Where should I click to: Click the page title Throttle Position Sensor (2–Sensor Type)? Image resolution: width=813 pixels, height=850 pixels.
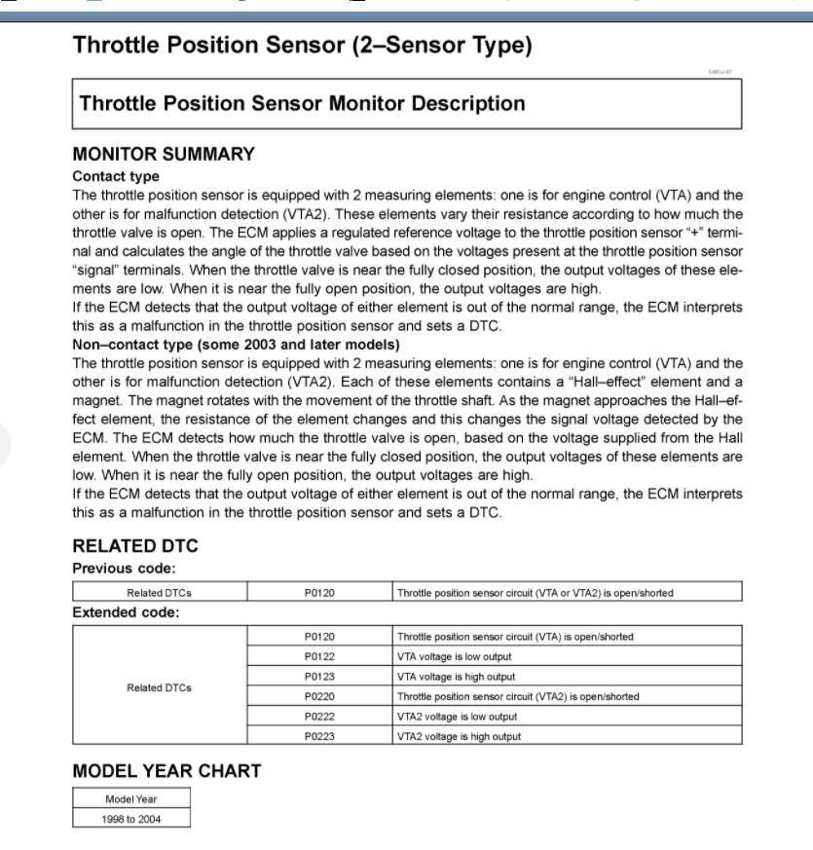pyautogui.click(x=302, y=46)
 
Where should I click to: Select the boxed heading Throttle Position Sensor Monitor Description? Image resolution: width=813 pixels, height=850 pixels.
pyautogui.click(x=302, y=103)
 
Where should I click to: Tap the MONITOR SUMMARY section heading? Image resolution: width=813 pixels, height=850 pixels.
pyautogui.click(x=164, y=154)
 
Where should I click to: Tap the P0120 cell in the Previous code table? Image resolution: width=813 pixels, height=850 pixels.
pyautogui.click(x=319, y=592)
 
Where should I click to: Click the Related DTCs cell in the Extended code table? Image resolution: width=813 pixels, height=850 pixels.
pyautogui.click(x=160, y=686)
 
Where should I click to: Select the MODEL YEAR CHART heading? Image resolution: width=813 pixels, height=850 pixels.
pyautogui.click(x=166, y=771)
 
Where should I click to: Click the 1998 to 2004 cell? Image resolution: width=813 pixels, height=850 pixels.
pyautogui.click(x=131, y=819)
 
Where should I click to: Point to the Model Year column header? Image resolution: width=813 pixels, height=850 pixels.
pyautogui.click(x=131, y=799)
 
